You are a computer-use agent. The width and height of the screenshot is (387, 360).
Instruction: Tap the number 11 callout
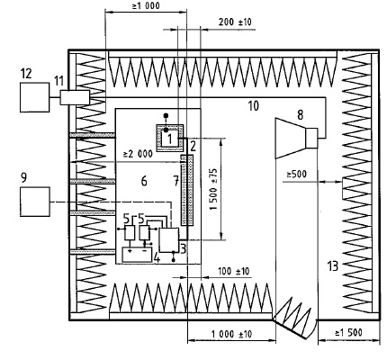click(x=59, y=81)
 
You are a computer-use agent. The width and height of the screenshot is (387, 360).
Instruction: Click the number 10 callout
click(x=253, y=106)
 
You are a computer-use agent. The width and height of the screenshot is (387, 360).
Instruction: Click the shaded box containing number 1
click(x=173, y=136)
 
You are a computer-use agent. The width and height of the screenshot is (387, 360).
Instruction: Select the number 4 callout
click(x=157, y=257)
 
